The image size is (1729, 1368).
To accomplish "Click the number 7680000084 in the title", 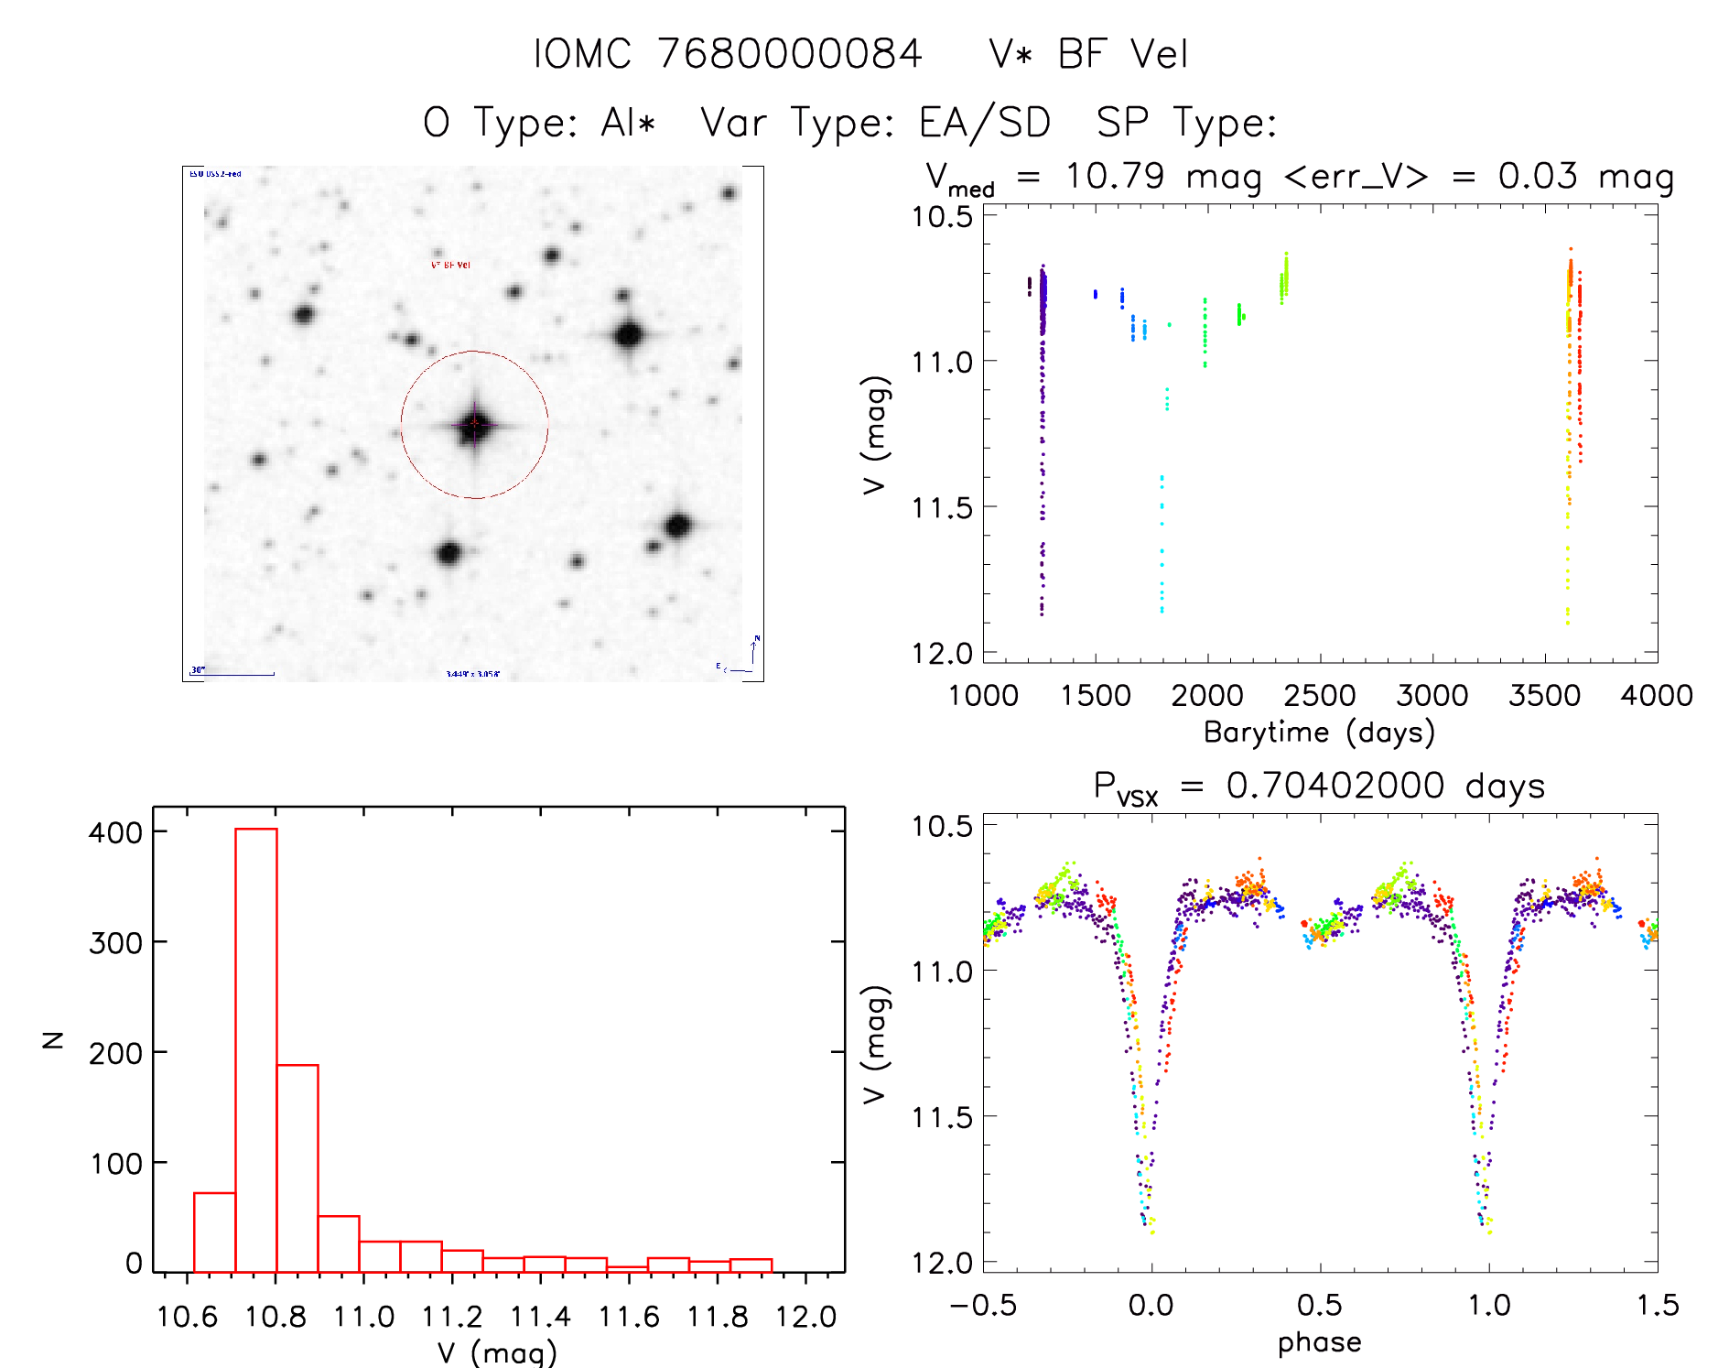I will point(790,54).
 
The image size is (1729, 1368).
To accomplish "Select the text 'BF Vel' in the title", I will point(1122,54).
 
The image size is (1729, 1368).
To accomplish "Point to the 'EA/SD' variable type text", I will point(985,123).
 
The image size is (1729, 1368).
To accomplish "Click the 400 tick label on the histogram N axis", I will point(115,832).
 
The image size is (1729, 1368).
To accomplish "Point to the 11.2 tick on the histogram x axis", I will point(452,1317).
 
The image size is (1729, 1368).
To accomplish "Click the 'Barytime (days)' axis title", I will point(1319,732).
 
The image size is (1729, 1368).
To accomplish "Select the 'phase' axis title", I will point(1319,1341).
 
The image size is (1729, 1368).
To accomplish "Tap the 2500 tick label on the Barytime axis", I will point(1319,695).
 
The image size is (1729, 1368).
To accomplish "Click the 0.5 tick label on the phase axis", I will point(1319,1305).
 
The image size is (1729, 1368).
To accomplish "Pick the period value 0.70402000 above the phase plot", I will point(1335,786).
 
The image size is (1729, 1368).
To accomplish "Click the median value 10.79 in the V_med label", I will point(1115,176).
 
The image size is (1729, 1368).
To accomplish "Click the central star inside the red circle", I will point(474,425).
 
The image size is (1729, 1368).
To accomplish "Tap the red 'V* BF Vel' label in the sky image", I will point(450,265).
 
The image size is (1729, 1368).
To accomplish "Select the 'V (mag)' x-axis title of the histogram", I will point(497,1352).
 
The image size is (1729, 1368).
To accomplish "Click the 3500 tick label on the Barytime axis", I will point(1544,695).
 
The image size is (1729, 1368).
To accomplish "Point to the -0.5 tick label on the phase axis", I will point(983,1305).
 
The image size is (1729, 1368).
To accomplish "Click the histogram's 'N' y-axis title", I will point(54,1039).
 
